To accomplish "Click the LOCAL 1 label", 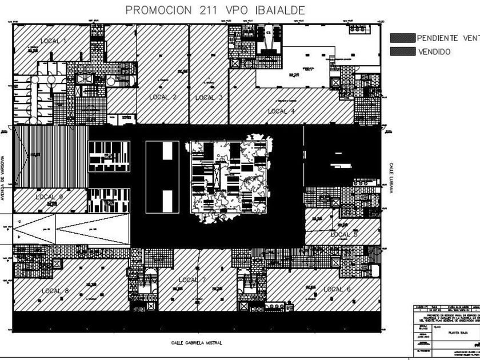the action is [54, 41].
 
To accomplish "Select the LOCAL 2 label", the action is [162, 97].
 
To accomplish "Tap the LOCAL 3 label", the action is [209, 97].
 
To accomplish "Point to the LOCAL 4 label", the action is [281, 111].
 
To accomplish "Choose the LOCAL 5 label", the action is [344, 234].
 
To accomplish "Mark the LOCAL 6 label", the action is [337, 289].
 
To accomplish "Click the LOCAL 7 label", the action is [192, 280].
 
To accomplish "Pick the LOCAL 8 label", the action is [55, 291].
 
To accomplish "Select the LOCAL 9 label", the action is [49, 197].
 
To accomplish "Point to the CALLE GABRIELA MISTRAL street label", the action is [197, 343].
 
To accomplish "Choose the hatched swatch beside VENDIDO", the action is [402, 51].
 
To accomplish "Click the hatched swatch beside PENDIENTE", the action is [402, 38].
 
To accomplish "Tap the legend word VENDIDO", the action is [434, 51].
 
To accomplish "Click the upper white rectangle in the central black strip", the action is [167, 151].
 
